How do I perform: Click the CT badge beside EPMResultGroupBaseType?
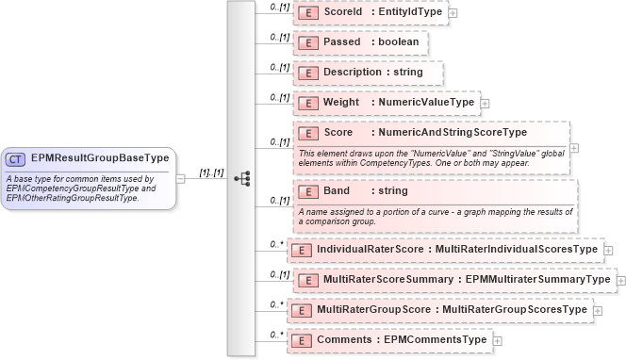[x=17, y=159]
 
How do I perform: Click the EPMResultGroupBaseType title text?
[x=99, y=158]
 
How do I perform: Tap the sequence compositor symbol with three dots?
[x=241, y=177]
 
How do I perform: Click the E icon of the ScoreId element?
[x=307, y=13]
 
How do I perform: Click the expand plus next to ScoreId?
[x=453, y=13]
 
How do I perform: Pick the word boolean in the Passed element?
[x=397, y=43]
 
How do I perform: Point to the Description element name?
[x=352, y=73]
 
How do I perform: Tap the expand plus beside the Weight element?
[x=485, y=104]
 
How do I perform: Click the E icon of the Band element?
[x=307, y=191]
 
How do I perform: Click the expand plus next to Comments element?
[x=497, y=340]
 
